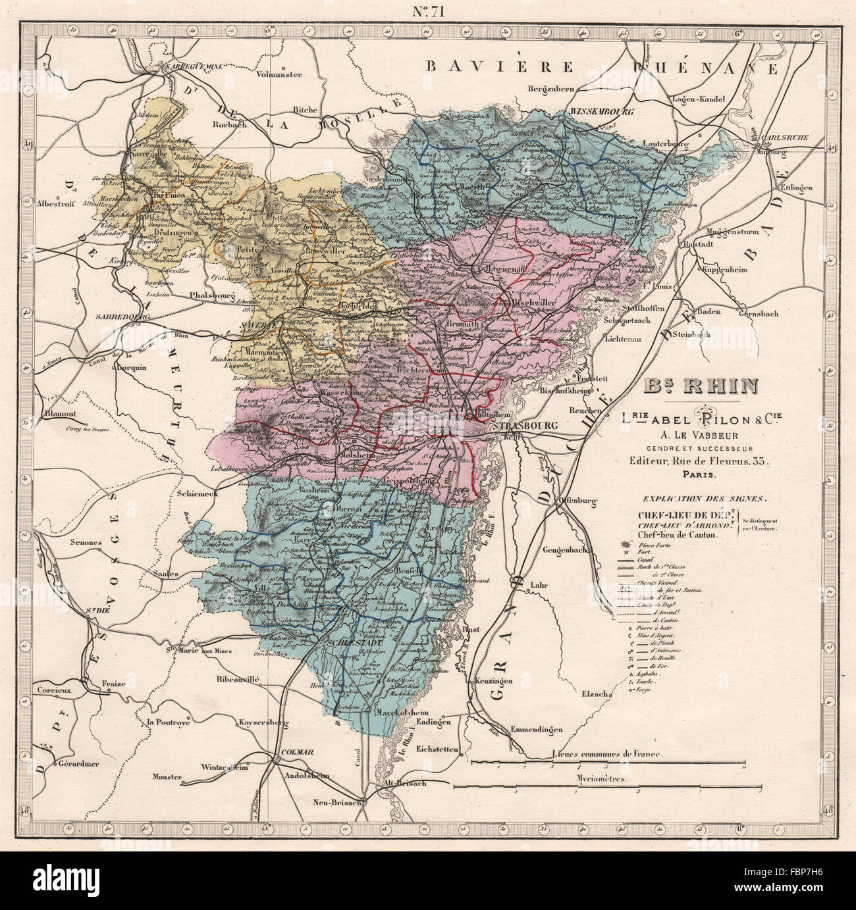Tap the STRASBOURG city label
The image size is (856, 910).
[523, 426]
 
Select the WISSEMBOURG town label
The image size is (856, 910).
[602, 112]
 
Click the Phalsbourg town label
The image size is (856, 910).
[212, 295]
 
